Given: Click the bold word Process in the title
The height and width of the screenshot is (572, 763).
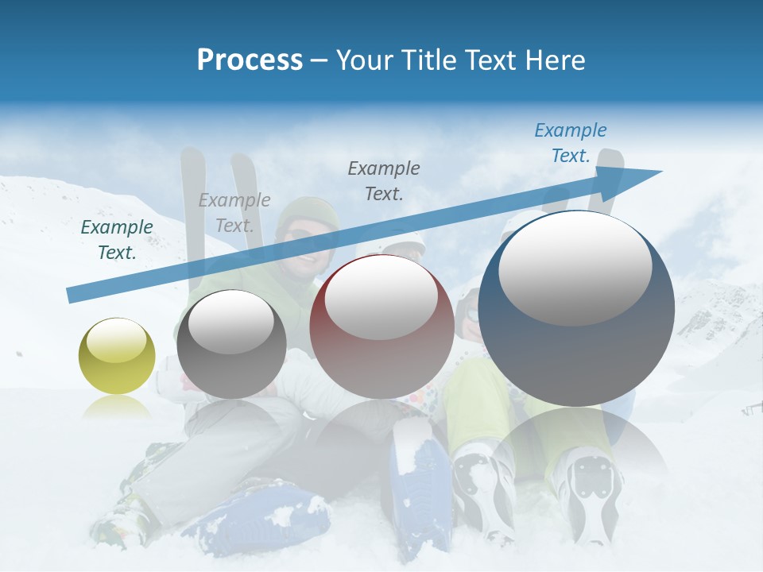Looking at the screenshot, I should pyautogui.click(x=250, y=60).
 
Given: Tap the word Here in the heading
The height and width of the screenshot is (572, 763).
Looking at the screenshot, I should pyautogui.click(x=554, y=60).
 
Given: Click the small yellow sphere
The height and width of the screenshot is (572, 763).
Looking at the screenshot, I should pyautogui.click(x=117, y=356).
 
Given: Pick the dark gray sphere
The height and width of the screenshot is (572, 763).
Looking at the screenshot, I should pyautogui.click(x=231, y=345).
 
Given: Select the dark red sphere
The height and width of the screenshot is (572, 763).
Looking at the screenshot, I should pyautogui.click(x=381, y=326).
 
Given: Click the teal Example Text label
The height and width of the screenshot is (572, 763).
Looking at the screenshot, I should pyautogui.click(x=117, y=240).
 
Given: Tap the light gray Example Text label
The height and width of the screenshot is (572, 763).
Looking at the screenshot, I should pyautogui.click(x=234, y=213).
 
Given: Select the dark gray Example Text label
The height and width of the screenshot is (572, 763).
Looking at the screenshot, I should pyautogui.click(x=384, y=180).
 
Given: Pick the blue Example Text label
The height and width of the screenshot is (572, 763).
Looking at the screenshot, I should pyautogui.click(x=570, y=143).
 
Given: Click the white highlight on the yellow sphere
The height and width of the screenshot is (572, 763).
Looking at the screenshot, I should pyautogui.click(x=116, y=342).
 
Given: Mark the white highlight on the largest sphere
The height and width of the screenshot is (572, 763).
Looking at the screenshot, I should pyautogui.click(x=575, y=268).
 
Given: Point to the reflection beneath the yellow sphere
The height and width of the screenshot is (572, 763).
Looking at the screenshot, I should pyautogui.click(x=117, y=407).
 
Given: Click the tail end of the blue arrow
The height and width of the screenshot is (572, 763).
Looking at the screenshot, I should pyautogui.click(x=70, y=296).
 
